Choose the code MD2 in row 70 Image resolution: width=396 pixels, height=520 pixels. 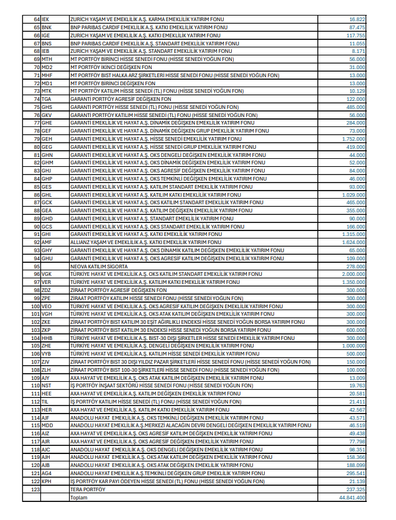coord(47,67)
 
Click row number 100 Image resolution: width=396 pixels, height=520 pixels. coord(36,306)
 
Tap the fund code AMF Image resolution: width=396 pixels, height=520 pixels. coord(47,242)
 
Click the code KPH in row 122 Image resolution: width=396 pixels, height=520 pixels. coord(47,481)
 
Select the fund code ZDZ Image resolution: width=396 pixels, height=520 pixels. coord(47,290)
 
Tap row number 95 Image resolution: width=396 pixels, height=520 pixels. coord(37,266)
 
